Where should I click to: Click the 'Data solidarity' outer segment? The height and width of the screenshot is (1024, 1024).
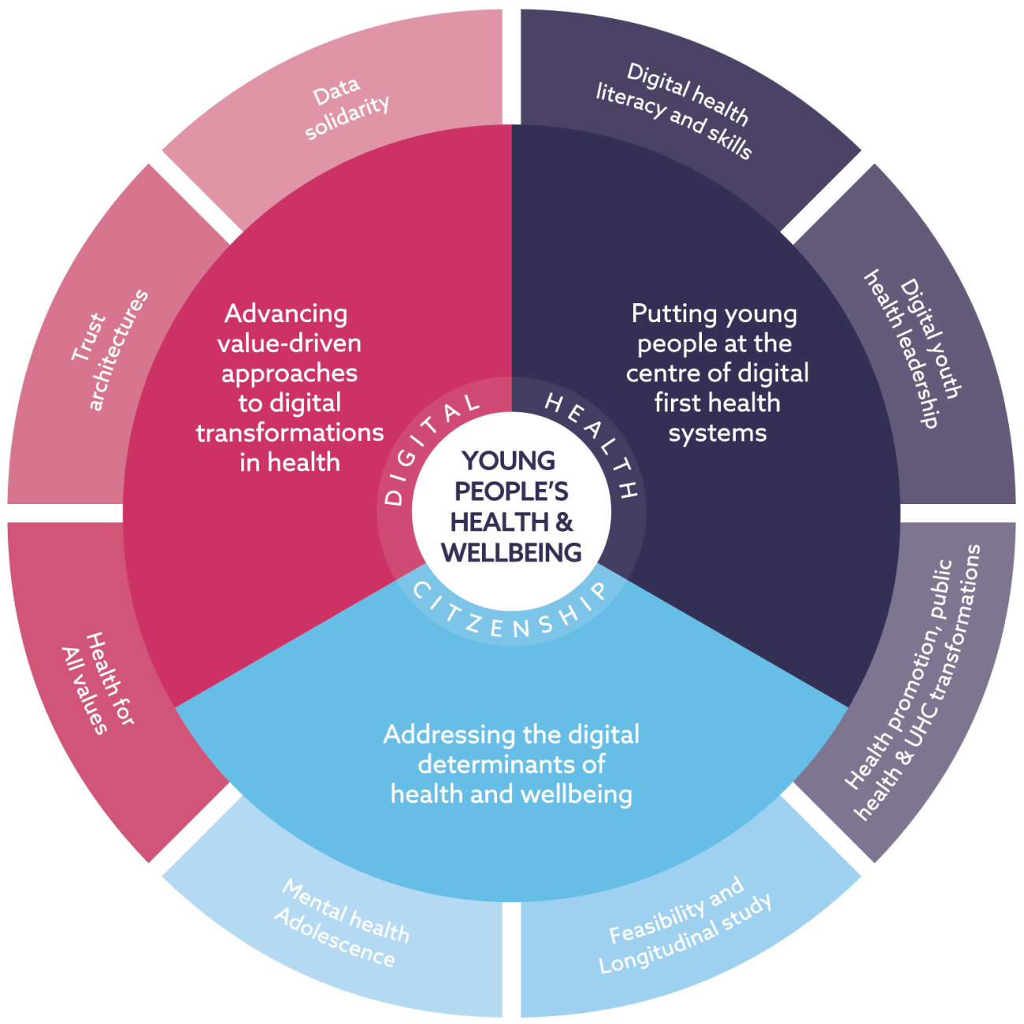point(347,106)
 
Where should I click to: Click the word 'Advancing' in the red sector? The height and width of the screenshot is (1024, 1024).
point(286,314)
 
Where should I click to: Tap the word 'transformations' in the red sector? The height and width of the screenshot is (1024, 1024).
point(290,432)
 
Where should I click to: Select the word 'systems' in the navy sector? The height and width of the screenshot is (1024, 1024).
point(717,432)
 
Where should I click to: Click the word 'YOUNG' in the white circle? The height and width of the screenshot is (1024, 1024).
point(509,461)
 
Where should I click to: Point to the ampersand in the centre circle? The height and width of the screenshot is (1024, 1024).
point(564,522)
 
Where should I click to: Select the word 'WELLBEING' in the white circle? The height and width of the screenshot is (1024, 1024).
point(511,552)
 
